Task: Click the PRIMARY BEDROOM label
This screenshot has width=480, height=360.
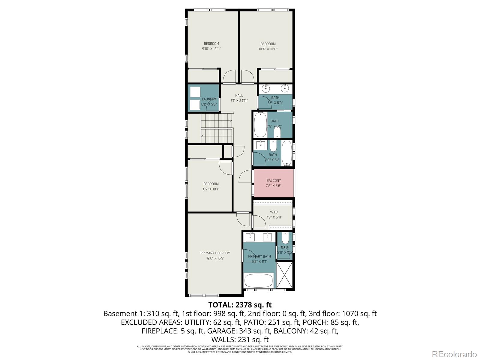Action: coord(215,253)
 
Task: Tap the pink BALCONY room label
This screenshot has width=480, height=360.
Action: coord(274,181)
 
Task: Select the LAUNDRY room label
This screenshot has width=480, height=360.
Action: coord(209,99)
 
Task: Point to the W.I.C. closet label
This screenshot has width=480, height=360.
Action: coord(274,212)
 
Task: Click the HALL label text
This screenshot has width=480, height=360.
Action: coord(239,95)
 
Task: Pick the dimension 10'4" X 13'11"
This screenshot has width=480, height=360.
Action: coord(268,49)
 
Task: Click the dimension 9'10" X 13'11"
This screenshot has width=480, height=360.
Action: coord(211,49)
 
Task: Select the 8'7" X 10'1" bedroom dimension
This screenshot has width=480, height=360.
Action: coord(211,189)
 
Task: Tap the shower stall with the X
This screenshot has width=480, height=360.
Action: coord(284,275)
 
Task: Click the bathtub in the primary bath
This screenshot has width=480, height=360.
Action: coord(259,280)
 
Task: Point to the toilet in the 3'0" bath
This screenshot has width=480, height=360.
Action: coord(285,238)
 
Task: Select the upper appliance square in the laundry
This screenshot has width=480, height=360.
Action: coord(195,92)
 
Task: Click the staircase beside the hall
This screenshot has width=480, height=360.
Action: coord(217,128)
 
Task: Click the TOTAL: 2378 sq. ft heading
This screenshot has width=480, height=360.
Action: coord(240,305)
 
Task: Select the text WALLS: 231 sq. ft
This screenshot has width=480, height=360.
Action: coord(240,340)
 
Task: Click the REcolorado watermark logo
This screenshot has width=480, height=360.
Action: coord(454,354)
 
